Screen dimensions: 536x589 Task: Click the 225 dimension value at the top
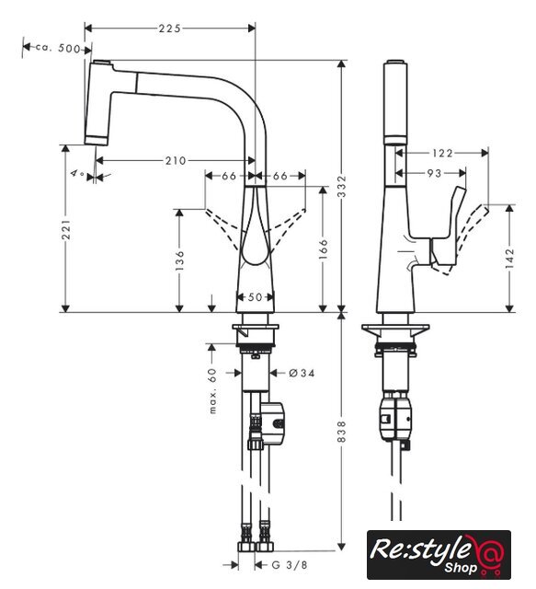pos(170,29)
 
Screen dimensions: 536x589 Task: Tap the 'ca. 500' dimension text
pos(58,48)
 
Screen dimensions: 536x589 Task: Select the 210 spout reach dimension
pos(176,161)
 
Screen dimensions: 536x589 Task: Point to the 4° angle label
pos(78,174)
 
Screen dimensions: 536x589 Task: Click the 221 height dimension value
pos(66,229)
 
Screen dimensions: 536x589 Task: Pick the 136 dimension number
pos(180,260)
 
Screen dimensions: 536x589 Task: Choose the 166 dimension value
pos(324,248)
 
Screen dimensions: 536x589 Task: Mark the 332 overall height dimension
pos(342,186)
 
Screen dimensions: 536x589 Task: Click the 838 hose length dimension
pos(342,432)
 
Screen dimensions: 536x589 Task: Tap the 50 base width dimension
pos(256,297)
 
